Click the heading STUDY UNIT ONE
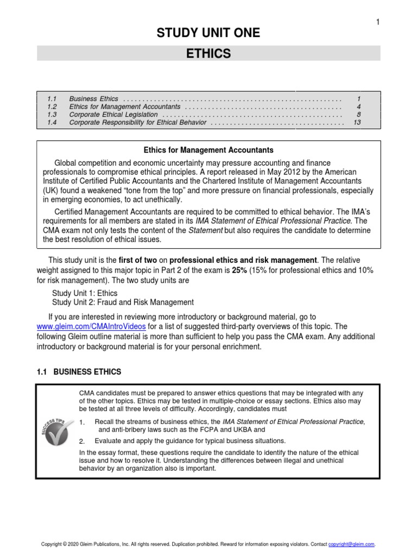pos(208,33)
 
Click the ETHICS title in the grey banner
pos(208,53)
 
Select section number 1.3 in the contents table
pos(52,115)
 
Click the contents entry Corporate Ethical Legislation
pos(113,115)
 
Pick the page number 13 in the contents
pos(357,123)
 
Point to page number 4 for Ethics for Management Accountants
pos(358,107)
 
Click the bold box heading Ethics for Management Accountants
pos(208,150)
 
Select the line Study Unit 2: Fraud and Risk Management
pos(122,302)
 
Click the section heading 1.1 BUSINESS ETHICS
pos(79,372)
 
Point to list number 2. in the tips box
pos(83,441)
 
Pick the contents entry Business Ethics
pos(93,99)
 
